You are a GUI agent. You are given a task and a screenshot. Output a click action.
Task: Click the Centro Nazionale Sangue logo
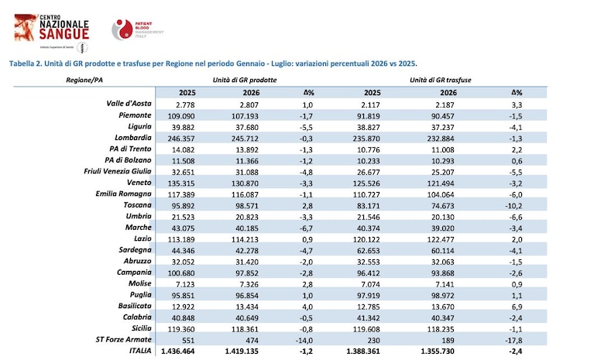(x=52, y=33)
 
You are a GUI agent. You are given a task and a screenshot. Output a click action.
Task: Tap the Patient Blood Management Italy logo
(x=138, y=29)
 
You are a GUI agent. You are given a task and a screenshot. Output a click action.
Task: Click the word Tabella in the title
(x=22, y=63)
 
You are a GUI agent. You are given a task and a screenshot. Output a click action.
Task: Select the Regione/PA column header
(x=84, y=81)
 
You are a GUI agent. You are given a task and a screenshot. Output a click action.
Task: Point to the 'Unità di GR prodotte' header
(x=245, y=81)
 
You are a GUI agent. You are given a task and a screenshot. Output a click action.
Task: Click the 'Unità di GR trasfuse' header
(x=441, y=81)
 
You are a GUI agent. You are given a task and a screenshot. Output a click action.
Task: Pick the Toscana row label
(x=138, y=205)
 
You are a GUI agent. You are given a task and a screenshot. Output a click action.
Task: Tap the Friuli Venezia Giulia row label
(x=118, y=171)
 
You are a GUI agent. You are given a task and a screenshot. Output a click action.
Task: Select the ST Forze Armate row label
(x=123, y=340)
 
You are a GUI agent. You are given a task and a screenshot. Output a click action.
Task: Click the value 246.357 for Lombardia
(x=180, y=139)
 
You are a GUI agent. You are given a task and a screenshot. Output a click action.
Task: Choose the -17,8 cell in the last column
(x=513, y=341)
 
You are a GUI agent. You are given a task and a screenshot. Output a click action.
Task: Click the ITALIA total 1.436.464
(x=177, y=351)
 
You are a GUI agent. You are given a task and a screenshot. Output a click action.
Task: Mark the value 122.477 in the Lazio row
(x=440, y=239)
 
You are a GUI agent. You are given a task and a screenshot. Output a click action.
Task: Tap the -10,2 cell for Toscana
(x=513, y=206)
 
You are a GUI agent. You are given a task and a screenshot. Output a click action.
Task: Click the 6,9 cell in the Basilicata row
(x=517, y=307)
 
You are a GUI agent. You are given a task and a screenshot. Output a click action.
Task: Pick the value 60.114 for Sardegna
(x=441, y=251)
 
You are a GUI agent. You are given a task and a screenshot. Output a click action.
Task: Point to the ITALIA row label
(x=140, y=351)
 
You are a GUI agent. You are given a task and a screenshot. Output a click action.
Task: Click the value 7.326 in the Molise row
(x=249, y=284)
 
